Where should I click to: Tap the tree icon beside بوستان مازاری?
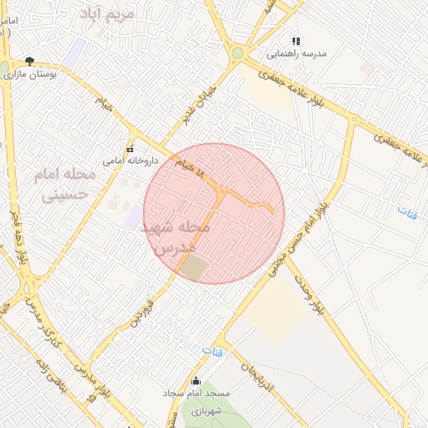tap(30, 61)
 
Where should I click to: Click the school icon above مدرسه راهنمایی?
tap(294, 40)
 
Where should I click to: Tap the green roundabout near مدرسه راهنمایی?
tap(237, 53)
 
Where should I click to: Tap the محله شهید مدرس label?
tap(180, 237)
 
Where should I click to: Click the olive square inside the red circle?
tap(194, 268)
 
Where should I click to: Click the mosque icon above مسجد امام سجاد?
tap(196, 380)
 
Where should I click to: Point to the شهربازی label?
tap(203, 410)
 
